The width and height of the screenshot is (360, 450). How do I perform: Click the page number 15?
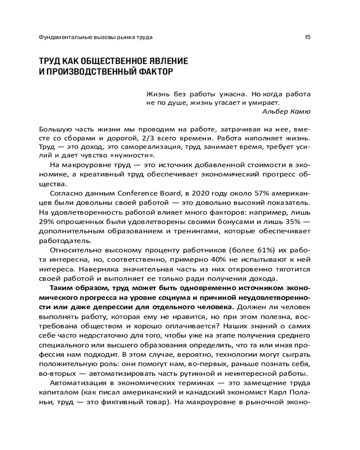point(307,37)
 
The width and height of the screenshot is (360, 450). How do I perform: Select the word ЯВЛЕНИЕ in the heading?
point(165,61)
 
